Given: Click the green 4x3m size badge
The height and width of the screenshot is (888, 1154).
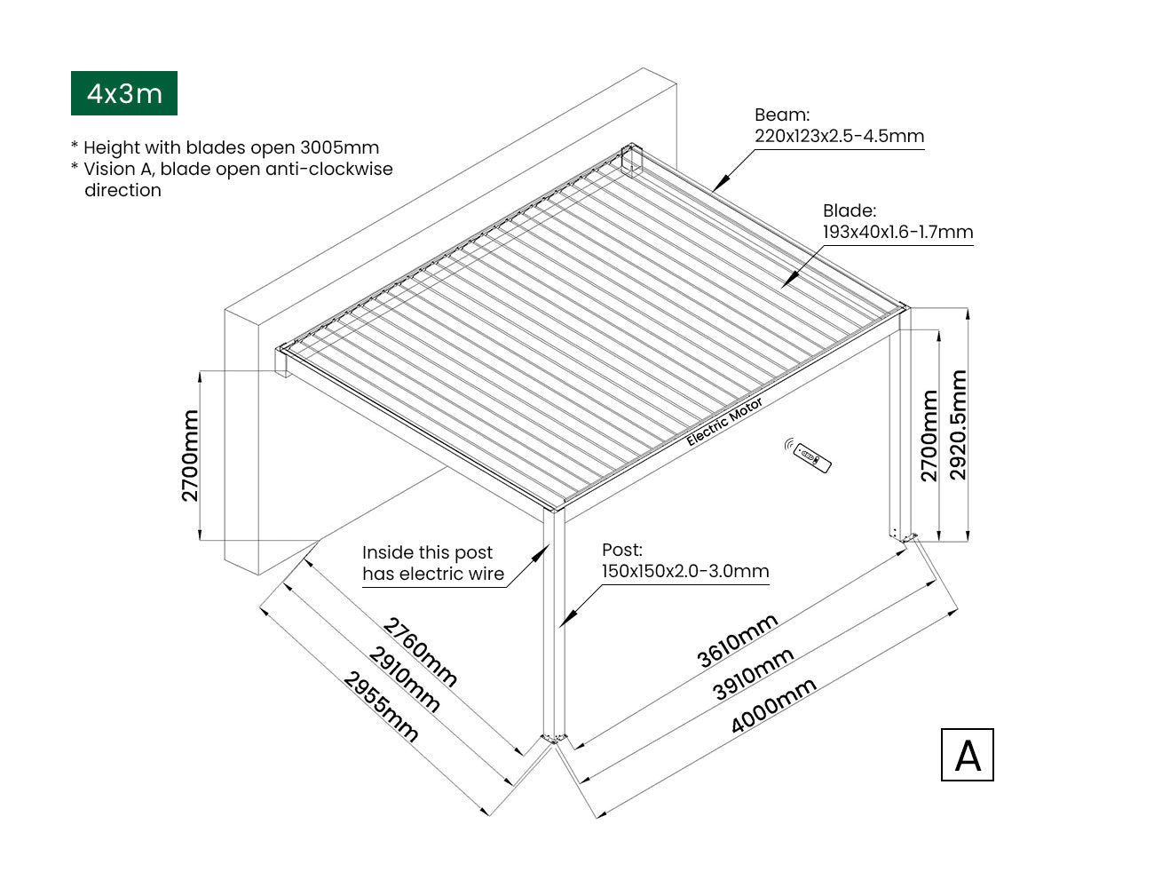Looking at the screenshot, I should (124, 93).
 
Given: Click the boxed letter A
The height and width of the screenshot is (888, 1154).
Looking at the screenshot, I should (967, 755).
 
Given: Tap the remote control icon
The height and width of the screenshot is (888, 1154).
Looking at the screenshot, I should (809, 456).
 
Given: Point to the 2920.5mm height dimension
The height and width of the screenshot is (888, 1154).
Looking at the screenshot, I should (959, 425).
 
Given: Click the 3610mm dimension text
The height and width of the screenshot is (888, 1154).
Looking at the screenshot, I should (738, 639).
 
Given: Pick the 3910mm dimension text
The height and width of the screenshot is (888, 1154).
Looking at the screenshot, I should (754, 674).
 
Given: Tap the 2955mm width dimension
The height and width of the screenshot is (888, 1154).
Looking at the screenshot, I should (381, 707).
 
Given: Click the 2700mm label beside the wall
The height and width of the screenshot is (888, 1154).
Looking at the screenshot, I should (191, 455).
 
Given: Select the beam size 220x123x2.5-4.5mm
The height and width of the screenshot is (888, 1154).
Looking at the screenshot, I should (839, 137).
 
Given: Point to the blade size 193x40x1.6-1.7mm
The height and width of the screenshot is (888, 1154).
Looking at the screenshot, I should (897, 233).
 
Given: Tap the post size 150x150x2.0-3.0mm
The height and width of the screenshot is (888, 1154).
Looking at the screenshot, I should (685, 571).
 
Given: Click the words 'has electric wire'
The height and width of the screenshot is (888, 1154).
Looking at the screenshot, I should (433, 575).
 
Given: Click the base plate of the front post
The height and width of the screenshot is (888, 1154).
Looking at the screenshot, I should (555, 738).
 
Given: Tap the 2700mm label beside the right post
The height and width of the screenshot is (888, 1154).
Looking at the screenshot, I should (929, 435).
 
